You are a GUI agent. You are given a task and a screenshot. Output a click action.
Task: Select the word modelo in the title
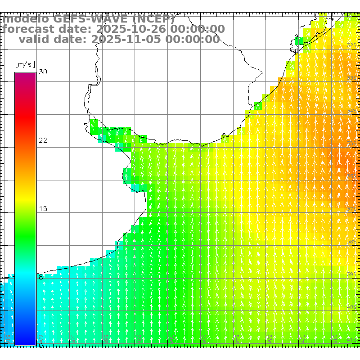pyautogui.click(x=26, y=19)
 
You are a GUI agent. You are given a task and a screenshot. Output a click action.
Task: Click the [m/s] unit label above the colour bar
pyautogui.click(x=25, y=64)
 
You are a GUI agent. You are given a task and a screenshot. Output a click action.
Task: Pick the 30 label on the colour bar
pyautogui.click(x=43, y=72)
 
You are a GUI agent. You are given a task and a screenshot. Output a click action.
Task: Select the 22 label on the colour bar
pyautogui.click(x=43, y=140)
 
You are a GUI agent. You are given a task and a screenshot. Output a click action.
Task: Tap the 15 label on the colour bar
pyautogui.click(x=43, y=209)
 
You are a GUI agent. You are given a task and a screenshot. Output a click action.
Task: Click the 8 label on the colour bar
pyautogui.click(x=41, y=277)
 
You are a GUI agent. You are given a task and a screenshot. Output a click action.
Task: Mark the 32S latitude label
pyautogui.click(x=351, y=45)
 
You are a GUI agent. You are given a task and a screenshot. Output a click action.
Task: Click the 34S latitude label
pyautogui.click(x=351, y=111)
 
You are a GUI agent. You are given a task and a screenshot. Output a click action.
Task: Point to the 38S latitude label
pyautogui.click(x=351, y=242)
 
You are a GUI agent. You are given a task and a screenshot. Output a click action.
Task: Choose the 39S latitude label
pyautogui.click(x=351, y=274)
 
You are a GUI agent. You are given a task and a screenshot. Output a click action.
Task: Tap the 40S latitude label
pyautogui.click(x=351, y=307)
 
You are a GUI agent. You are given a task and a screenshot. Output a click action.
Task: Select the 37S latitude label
pyautogui.click(x=351, y=209)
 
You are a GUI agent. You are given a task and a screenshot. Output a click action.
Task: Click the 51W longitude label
pyautogui.click(x=335, y=338)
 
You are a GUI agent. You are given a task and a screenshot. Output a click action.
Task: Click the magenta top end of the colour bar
pyautogui.click(x=25, y=75)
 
